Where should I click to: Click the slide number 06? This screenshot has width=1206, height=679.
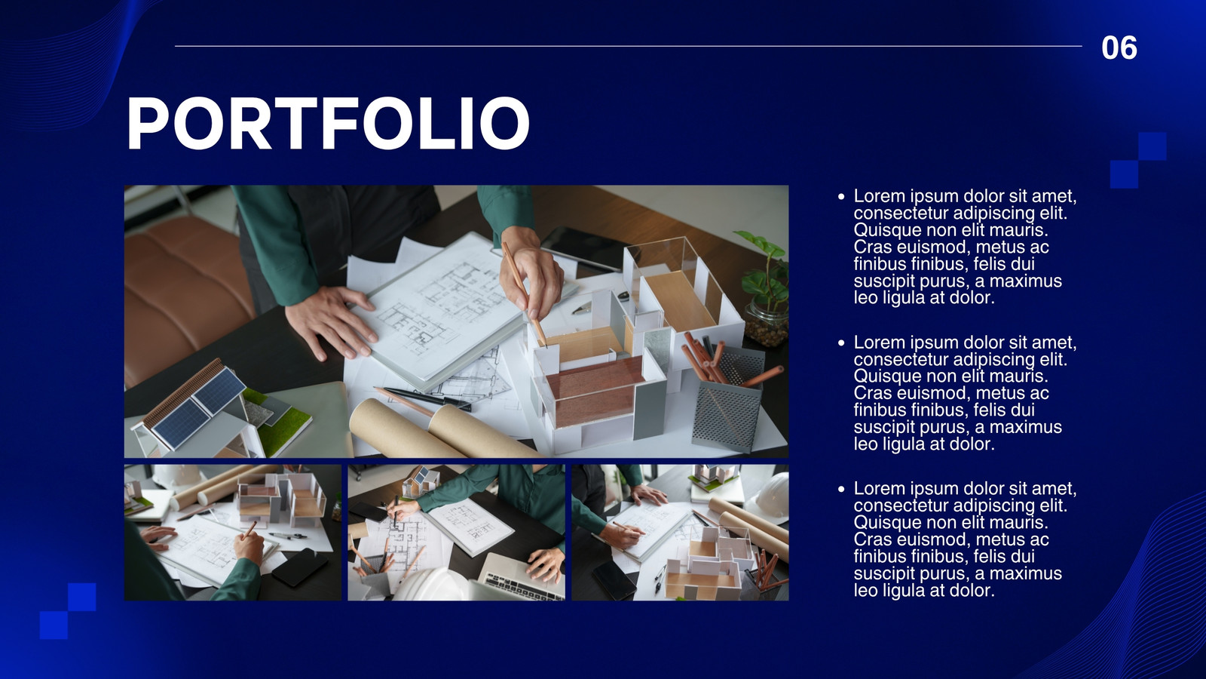1119,48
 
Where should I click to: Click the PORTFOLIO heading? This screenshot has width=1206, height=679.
328,124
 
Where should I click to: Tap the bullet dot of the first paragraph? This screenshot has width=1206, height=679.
841,197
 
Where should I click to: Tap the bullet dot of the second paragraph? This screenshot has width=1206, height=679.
841,343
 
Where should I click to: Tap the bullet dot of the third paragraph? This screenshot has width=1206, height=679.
841,490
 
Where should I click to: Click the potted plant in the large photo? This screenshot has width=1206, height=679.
764,288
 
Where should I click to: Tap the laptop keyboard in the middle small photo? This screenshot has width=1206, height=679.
518,585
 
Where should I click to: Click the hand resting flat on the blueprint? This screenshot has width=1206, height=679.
331,321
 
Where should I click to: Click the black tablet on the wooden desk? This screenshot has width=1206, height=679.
584,248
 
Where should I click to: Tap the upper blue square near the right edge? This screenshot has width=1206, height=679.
1152,146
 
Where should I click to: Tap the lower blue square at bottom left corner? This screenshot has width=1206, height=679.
54,625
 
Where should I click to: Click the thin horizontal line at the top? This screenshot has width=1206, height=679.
629,46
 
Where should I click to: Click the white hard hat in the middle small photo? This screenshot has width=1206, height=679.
430,585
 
